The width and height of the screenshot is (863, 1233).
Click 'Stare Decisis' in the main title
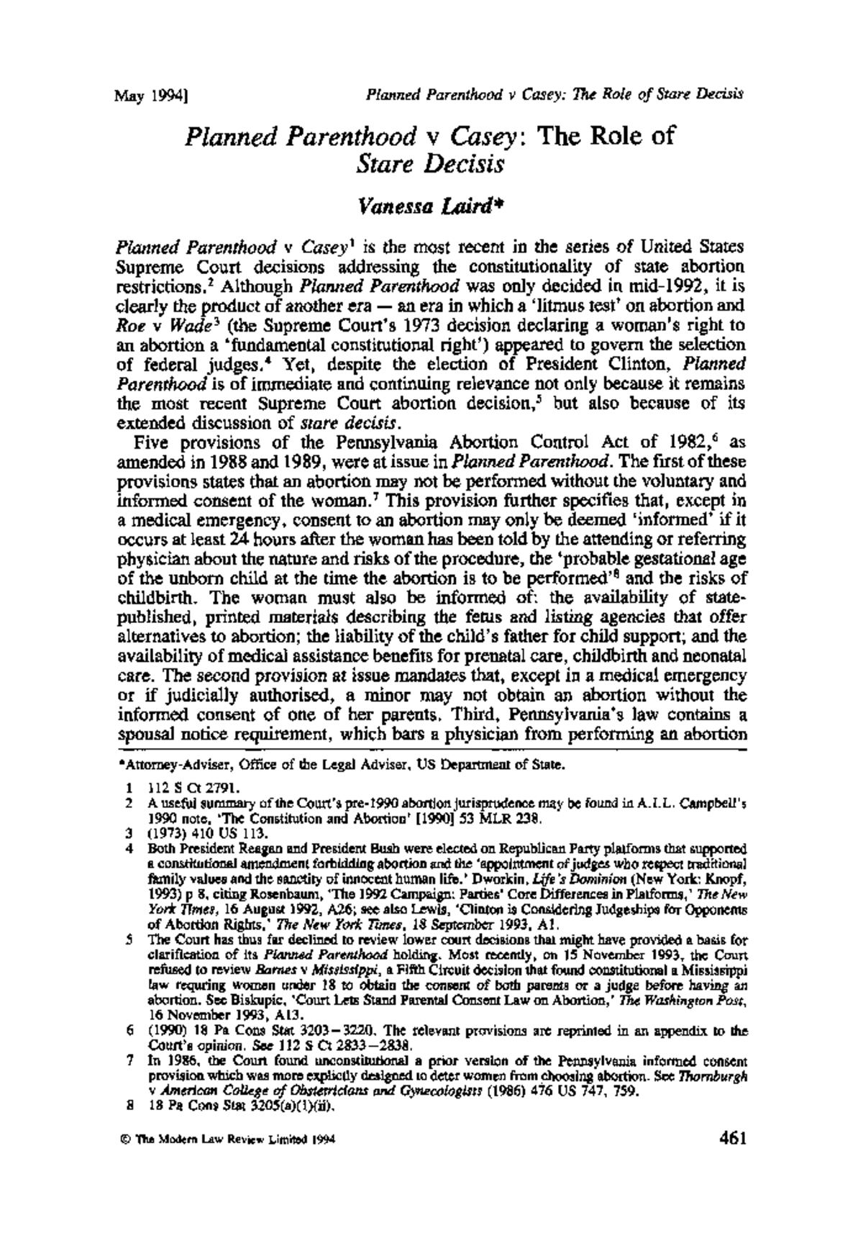430,164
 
